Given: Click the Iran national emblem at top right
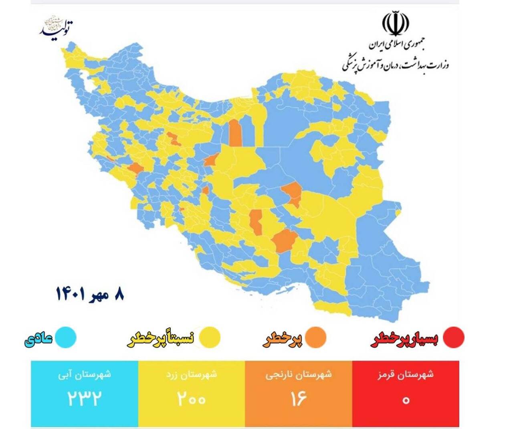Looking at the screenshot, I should (395, 24).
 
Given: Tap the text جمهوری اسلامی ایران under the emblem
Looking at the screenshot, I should (396, 45).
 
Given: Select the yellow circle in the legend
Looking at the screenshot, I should (210, 337).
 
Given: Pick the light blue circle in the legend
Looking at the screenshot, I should (65, 337).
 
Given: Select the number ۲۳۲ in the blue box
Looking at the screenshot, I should (84, 399).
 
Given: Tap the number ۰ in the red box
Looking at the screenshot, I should (406, 400).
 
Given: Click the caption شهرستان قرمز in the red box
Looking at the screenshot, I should (406, 375).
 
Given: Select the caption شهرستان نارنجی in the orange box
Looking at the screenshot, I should (299, 375).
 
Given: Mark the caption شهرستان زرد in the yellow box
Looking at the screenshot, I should (192, 375).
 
